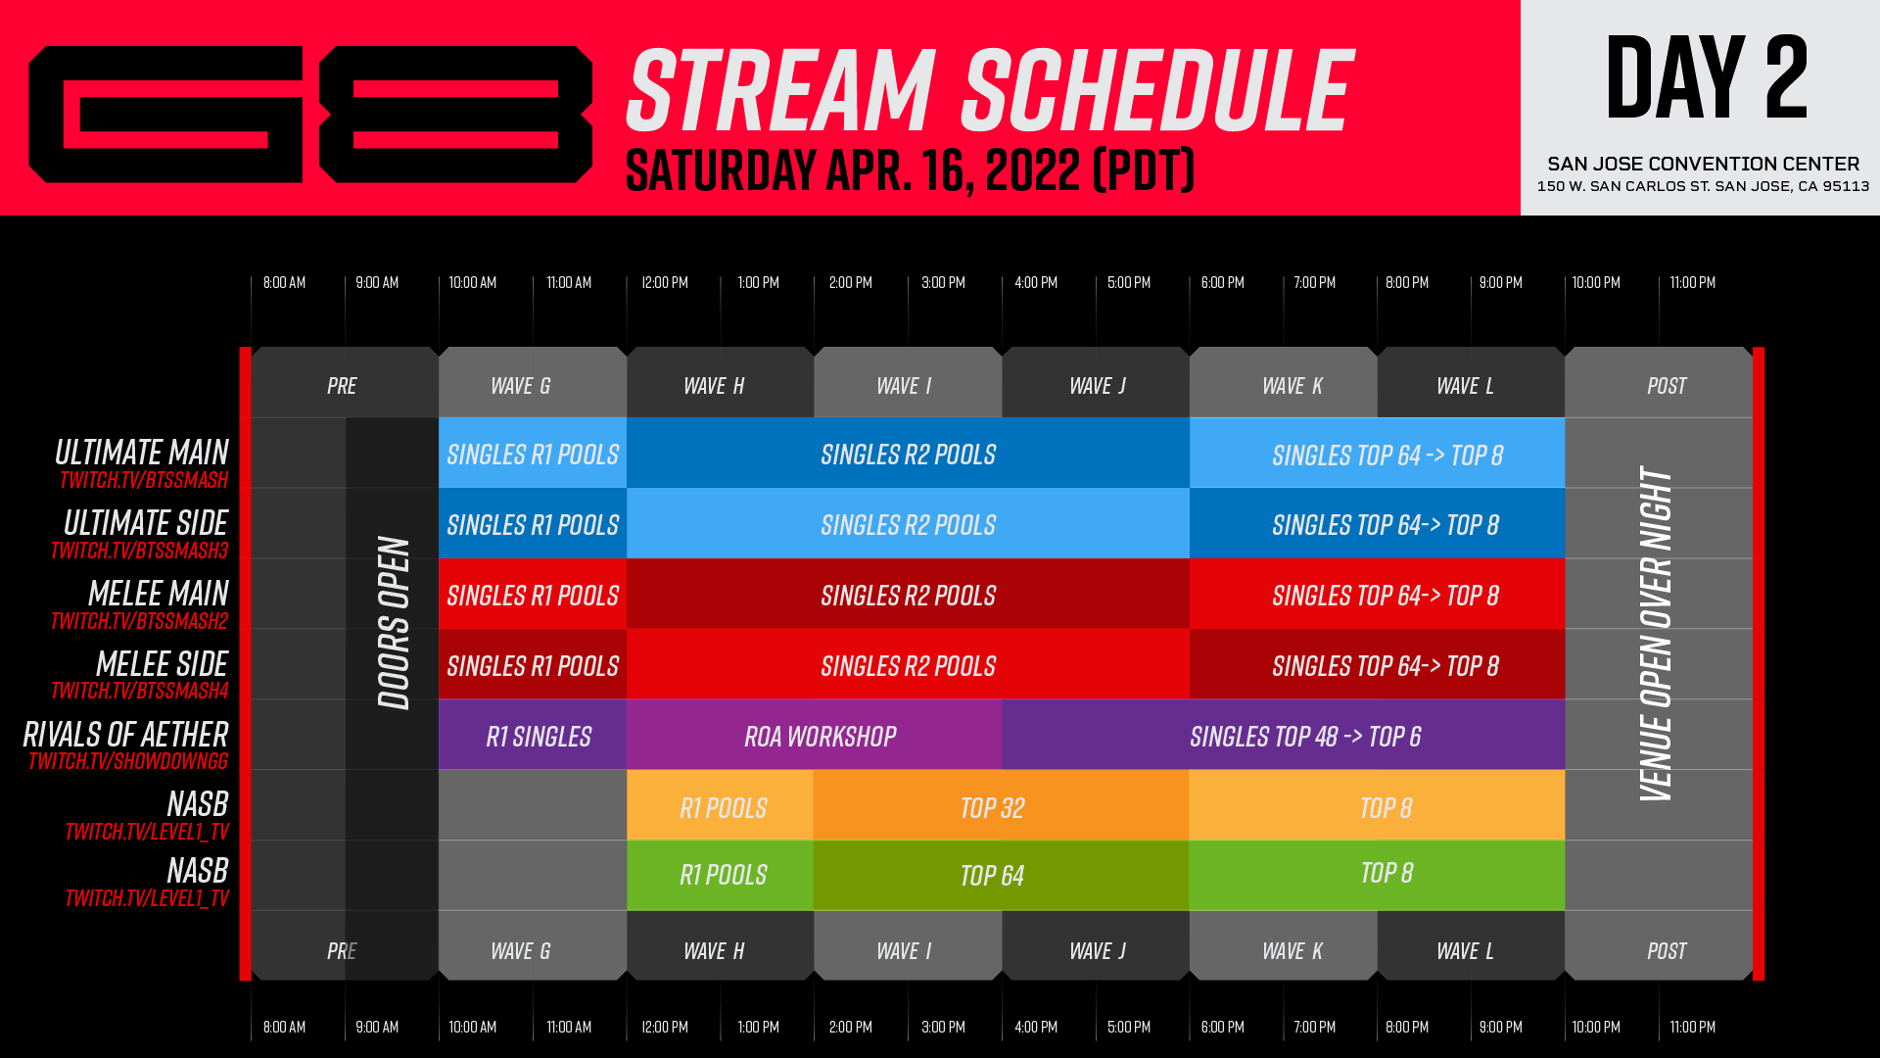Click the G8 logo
(x=310, y=115)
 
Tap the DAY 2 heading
(x=1706, y=77)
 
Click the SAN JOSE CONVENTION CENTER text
(x=1703, y=164)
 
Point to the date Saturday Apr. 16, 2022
(x=910, y=170)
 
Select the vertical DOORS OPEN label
(x=394, y=622)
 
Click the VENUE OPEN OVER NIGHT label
(x=1656, y=633)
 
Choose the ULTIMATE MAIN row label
(x=142, y=453)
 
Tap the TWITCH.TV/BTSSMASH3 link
(x=140, y=551)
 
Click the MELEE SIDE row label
(x=162, y=664)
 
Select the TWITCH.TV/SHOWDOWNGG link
(x=128, y=761)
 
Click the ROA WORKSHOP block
(x=820, y=737)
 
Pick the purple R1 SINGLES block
(x=538, y=737)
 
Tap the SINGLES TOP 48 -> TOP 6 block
(x=1305, y=737)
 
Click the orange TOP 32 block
(x=992, y=808)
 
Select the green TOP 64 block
(x=992, y=876)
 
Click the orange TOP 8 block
(x=1386, y=808)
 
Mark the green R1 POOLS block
(x=723, y=875)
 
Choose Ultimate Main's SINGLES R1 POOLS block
(x=533, y=455)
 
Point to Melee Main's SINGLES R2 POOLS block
(x=908, y=596)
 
